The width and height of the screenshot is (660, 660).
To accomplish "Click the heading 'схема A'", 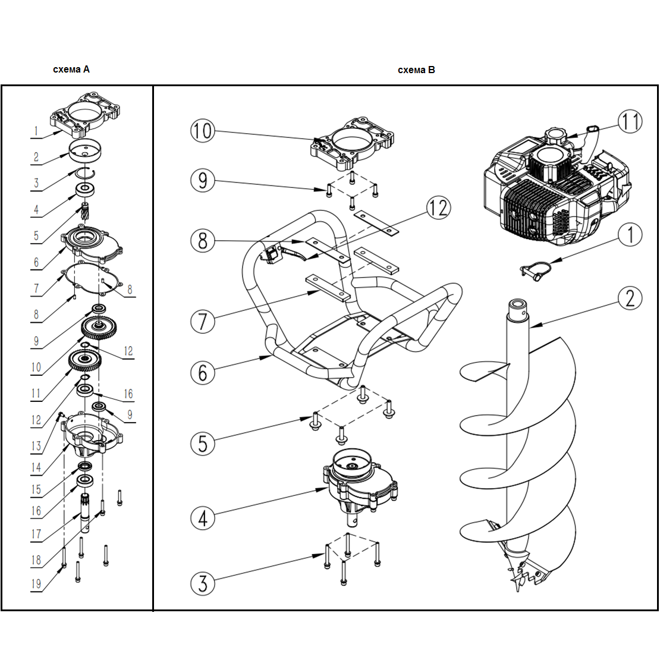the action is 71,70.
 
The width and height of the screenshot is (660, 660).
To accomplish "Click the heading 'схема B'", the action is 416,70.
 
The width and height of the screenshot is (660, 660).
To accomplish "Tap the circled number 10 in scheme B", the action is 203,130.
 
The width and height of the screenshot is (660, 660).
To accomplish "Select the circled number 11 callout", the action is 630,122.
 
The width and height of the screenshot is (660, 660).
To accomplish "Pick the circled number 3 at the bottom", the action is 203,583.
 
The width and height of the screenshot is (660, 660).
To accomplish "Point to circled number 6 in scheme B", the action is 203,372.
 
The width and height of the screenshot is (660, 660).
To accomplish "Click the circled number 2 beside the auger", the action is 630,298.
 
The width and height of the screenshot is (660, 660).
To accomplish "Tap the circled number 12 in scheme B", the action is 439,208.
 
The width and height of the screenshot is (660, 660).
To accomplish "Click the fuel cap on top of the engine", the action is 557,136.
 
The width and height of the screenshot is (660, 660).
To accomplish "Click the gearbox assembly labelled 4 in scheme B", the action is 360,484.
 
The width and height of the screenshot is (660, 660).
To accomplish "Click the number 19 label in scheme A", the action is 36,583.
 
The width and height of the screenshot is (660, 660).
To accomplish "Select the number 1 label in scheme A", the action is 36,131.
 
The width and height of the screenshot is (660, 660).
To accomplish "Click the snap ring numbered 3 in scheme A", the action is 86,172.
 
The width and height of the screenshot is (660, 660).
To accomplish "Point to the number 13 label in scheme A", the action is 36,446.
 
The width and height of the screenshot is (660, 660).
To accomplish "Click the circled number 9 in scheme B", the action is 203,180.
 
